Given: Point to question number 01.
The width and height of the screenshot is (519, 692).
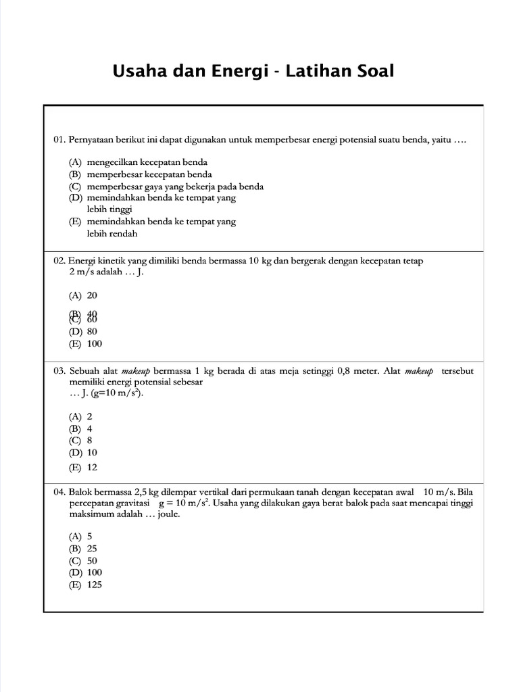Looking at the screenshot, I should [x=59, y=141].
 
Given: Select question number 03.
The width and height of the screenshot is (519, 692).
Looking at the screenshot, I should [x=59, y=371].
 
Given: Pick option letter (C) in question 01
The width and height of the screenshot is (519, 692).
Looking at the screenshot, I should [x=74, y=187].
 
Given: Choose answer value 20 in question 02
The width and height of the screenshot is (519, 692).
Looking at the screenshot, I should [x=93, y=295].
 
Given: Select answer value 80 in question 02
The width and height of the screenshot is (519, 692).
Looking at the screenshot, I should [x=93, y=331].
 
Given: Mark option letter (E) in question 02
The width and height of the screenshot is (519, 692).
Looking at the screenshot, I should [x=74, y=343].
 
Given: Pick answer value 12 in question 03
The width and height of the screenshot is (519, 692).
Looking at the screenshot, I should [x=93, y=467].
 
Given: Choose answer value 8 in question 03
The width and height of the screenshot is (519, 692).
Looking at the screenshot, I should [x=90, y=441].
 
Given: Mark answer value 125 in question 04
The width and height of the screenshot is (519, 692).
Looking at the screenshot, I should [x=95, y=585].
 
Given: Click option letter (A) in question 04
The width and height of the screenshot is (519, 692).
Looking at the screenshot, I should [x=74, y=536].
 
